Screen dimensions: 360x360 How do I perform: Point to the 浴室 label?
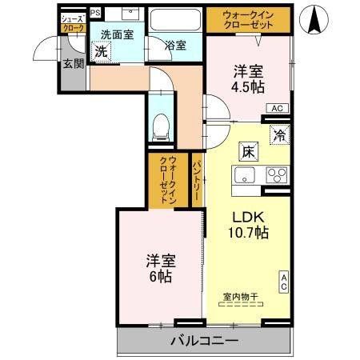point(176,46)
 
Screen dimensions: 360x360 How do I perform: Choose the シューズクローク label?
point(73,22)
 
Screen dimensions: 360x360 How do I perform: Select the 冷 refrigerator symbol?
point(280,136)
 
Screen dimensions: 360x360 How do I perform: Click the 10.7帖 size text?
point(250,232)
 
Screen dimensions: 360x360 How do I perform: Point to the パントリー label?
point(197,183)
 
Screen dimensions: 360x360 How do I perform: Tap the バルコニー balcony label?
point(203,342)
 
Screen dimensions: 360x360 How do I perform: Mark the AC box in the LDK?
point(283,282)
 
